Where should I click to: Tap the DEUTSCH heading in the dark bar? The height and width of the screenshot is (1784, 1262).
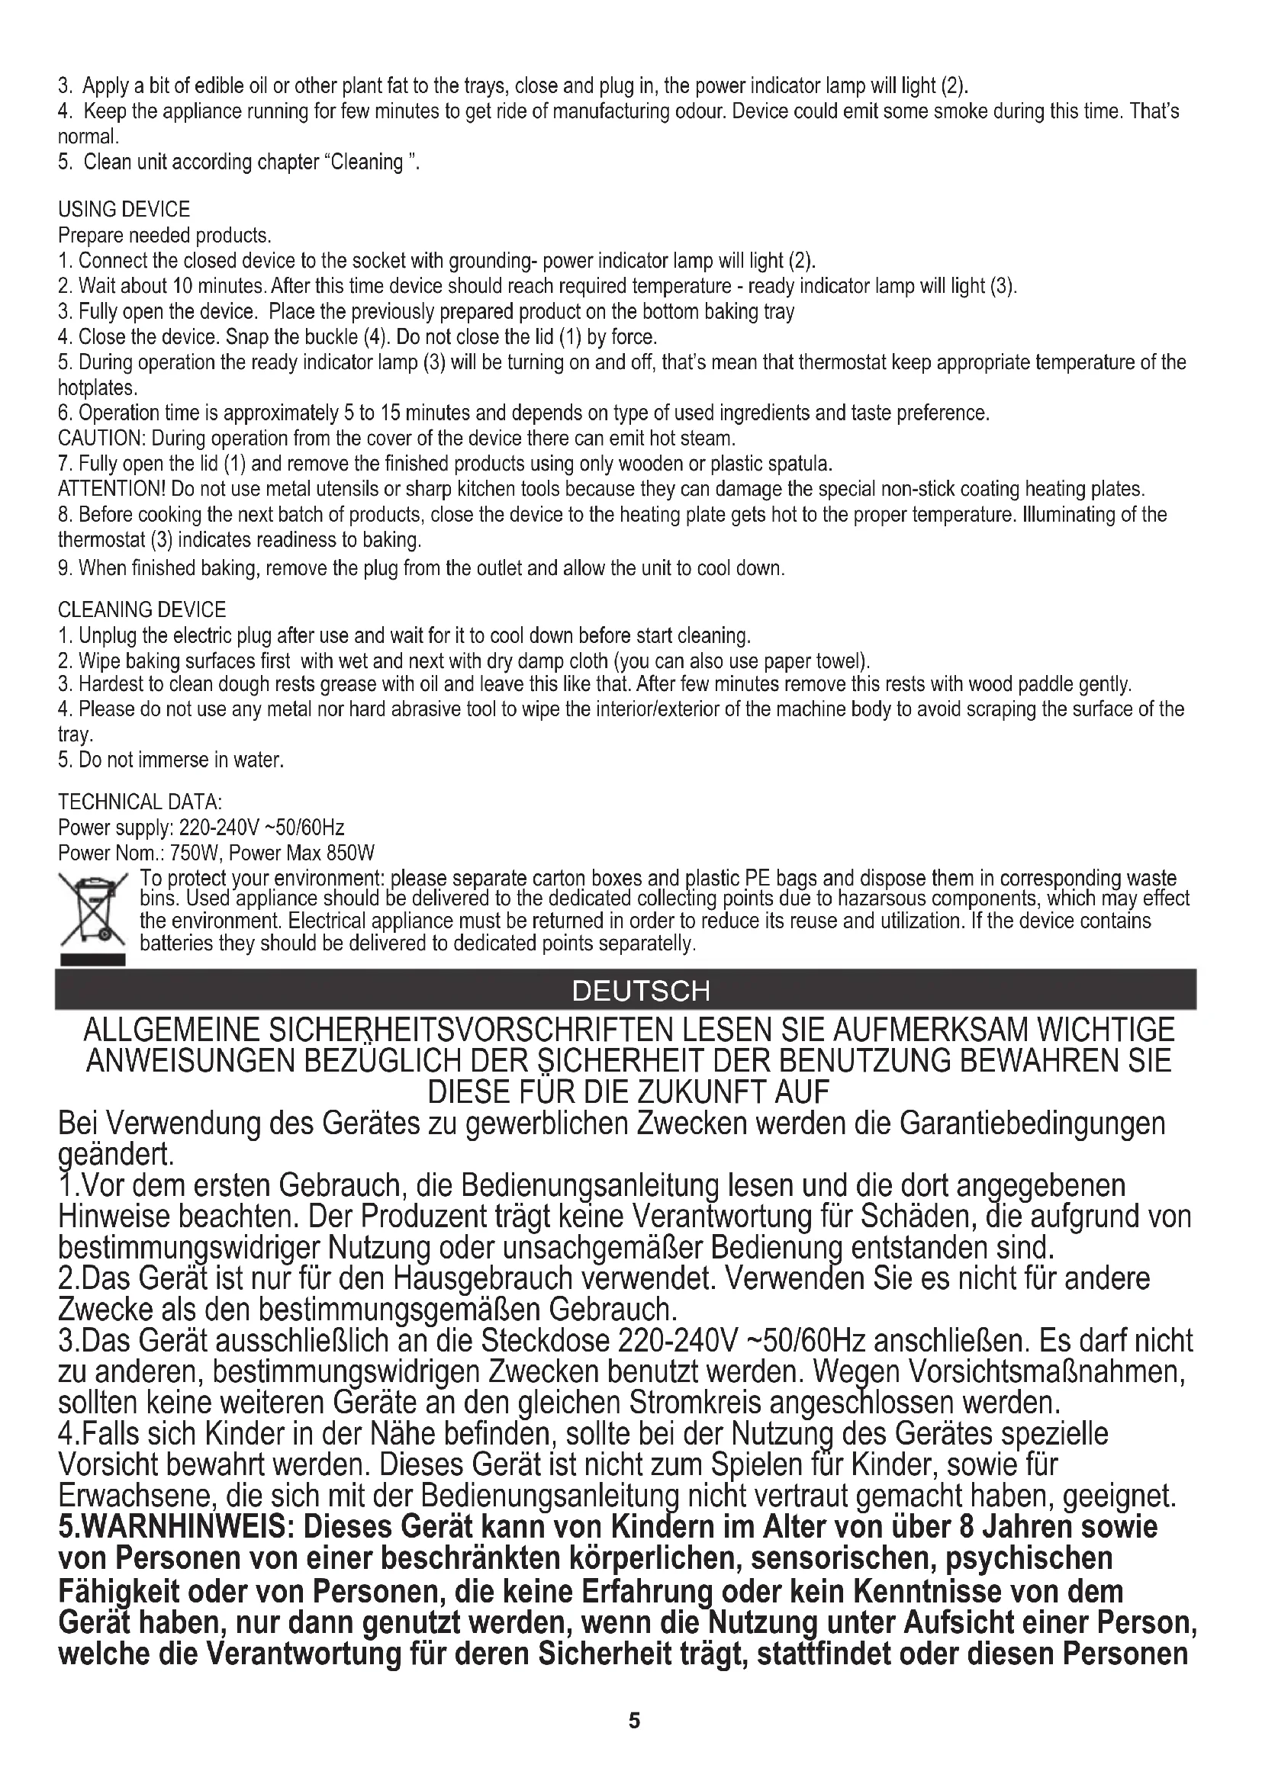click(x=640, y=991)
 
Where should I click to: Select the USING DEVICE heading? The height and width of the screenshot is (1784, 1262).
click(x=124, y=210)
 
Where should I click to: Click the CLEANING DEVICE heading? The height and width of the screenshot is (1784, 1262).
click(x=142, y=610)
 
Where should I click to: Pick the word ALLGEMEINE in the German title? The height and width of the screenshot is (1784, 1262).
click(x=170, y=1030)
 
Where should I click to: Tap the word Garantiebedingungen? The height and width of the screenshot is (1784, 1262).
click(x=1032, y=1123)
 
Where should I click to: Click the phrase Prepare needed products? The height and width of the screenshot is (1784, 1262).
click(x=165, y=236)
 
